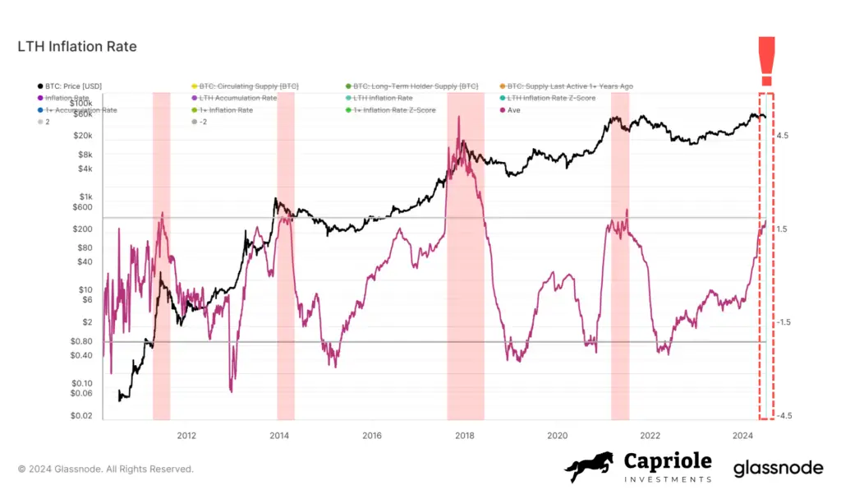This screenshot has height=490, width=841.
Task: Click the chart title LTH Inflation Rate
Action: point(77,47)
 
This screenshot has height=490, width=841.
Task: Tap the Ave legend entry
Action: point(514,110)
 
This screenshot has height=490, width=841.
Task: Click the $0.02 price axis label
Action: point(80,416)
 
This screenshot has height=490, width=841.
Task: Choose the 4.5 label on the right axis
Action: point(783,135)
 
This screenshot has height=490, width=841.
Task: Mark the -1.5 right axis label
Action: point(783,322)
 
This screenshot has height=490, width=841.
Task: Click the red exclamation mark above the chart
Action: point(767,61)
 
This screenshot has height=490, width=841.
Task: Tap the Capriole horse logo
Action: point(589,466)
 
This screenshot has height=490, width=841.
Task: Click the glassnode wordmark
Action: point(777,468)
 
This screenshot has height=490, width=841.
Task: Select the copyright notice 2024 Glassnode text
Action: point(106,469)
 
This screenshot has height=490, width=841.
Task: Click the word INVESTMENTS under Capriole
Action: point(667,479)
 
